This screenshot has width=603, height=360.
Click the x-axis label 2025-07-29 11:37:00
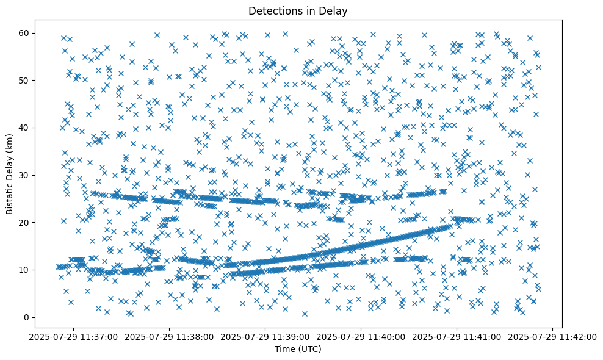pos(73,336)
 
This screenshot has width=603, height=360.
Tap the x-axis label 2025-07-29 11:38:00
pos(169,336)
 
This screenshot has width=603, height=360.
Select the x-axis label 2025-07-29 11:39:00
pos(265,336)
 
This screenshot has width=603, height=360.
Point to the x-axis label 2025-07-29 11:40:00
pos(361,336)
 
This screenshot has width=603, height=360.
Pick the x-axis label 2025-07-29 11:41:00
pos(457,336)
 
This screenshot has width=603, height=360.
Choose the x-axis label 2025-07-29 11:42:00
pos(553,336)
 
